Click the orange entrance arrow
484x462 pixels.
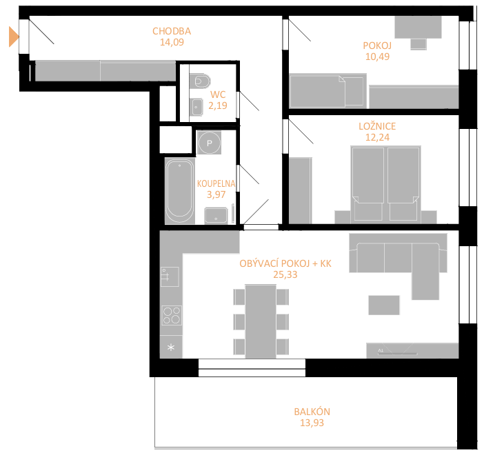point(14,37)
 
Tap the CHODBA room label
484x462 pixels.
point(172,31)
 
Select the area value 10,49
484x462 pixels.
point(377,57)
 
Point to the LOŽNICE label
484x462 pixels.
point(377,126)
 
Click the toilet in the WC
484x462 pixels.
point(200,81)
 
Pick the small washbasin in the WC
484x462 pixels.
point(196,107)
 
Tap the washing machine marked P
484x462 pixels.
point(210,143)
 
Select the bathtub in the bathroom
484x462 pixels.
point(180,191)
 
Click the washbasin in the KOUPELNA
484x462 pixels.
point(216,216)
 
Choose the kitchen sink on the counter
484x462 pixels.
point(170,277)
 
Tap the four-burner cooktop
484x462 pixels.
point(172,315)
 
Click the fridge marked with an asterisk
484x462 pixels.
point(171,348)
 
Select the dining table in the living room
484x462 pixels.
point(261,321)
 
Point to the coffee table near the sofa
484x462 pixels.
point(384,305)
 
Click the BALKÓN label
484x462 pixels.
point(312,412)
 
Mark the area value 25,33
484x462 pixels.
point(285,274)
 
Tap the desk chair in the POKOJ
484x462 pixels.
point(419,44)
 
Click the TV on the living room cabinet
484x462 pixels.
point(398,354)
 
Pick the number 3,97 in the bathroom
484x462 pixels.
point(216,194)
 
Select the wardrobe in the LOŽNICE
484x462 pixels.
point(300,191)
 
